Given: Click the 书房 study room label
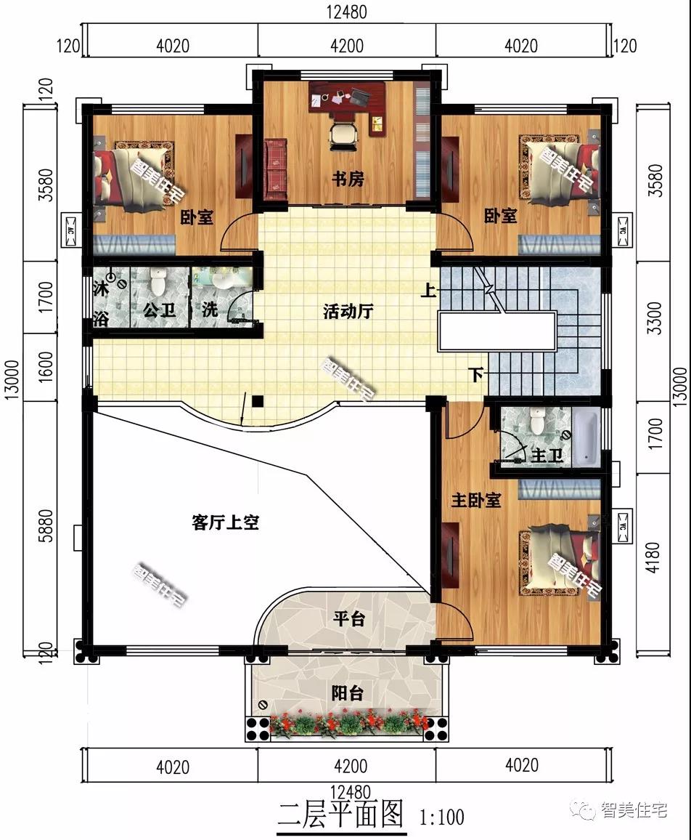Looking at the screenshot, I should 348,179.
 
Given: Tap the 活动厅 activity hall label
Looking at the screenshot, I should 348,312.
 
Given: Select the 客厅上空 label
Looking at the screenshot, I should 226,522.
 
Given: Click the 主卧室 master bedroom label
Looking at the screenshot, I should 476,501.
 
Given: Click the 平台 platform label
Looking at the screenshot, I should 348,619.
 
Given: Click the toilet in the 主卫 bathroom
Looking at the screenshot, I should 538,421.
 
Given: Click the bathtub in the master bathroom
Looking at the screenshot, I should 589,438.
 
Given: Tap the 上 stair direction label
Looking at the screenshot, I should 429,291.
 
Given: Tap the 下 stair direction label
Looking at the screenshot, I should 475,375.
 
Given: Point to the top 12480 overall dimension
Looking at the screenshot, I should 347,12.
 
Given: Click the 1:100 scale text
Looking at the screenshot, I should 441,817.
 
